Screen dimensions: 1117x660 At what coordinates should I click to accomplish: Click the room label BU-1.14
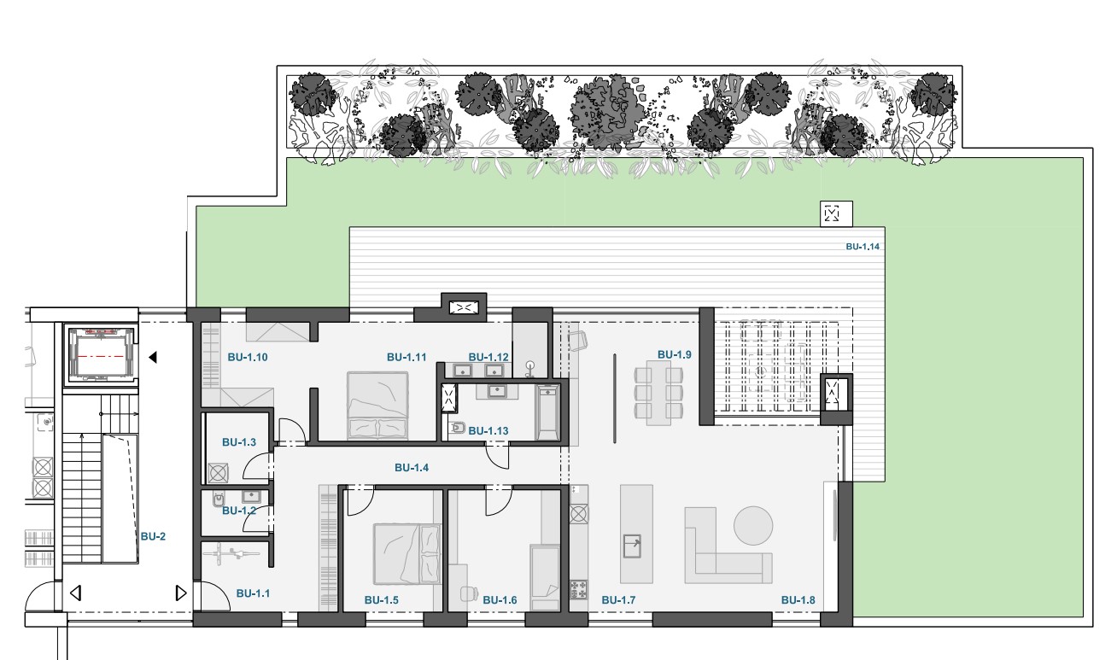[x=863, y=246]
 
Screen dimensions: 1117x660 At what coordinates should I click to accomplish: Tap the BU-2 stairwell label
[x=153, y=536]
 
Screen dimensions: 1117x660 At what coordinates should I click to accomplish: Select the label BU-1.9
[x=674, y=354]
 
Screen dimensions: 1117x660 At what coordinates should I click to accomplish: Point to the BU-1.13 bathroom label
[x=488, y=430]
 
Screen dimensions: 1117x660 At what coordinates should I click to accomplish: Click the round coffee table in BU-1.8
[x=753, y=525]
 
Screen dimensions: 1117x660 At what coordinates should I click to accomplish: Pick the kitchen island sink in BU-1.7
[x=632, y=546]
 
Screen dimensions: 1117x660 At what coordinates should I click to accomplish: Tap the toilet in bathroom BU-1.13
[x=457, y=428]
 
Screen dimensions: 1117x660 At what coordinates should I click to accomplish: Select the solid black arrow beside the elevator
[x=153, y=357]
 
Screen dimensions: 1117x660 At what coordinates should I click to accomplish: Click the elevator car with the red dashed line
[x=101, y=355]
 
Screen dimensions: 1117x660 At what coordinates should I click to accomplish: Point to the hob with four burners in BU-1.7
[x=578, y=589]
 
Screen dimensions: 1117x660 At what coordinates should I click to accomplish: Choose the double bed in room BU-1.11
[x=377, y=406]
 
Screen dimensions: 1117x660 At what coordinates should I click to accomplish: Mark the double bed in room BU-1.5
[x=407, y=553]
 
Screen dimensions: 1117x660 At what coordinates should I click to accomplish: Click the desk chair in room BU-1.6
[x=468, y=593]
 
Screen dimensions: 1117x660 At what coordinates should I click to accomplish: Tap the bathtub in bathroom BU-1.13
[x=547, y=412]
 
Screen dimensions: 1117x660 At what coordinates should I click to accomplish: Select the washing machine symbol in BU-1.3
[x=218, y=473]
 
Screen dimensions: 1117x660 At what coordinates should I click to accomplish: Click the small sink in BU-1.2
[x=250, y=497]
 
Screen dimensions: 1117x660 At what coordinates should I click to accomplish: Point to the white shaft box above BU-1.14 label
[x=836, y=213]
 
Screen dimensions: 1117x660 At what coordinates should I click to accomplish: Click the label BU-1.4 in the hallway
[x=412, y=468]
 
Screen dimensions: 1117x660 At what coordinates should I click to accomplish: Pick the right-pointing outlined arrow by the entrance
[x=181, y=593]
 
